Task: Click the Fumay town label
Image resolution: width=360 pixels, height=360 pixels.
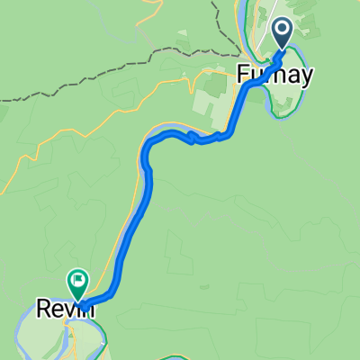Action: point(274,75)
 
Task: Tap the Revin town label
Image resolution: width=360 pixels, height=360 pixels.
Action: point(66,309)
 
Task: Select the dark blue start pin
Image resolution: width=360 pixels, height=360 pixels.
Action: point(283,34)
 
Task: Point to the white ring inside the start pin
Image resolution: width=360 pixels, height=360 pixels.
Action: point(283,31)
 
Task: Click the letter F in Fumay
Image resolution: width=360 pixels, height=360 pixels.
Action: point(243,75)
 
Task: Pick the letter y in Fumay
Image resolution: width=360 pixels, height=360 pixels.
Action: point(306,76)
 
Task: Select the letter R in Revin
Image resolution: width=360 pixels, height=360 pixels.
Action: point(43,309)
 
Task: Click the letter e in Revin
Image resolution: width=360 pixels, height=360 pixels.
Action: point(57,310)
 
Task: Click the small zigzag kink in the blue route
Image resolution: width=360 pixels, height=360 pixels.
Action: point(192,137)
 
